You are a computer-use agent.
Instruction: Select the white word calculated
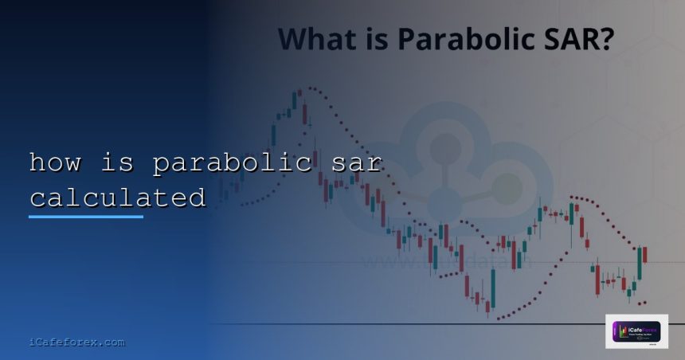click(x=117, y=197)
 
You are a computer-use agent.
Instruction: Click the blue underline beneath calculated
click(x=86, y=215)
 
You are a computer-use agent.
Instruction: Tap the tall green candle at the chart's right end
click(x=639, y=264)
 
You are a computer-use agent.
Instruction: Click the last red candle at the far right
click(x=645, y=254)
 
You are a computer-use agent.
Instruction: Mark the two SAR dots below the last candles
click(x=640, y=303)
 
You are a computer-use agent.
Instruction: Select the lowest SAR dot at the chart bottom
click(x=499, y=319)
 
